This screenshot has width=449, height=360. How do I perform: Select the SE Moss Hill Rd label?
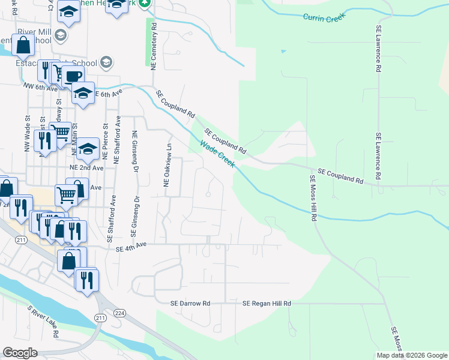[x=313, y=199]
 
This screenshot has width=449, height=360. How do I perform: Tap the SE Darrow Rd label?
[x=190, y=304]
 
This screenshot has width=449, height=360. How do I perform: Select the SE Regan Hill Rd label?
[x=267, y=304]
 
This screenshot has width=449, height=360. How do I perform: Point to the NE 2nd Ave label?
[x=86, y=169]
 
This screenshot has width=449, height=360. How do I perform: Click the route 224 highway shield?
[x=119, y=313]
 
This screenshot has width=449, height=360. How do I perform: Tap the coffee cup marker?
[x=73, y=77]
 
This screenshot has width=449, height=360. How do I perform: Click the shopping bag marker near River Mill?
[x=22, y=44]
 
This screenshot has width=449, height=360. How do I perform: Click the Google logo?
[x=20, y=353]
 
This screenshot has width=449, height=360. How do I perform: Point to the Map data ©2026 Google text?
[x=411, y=355]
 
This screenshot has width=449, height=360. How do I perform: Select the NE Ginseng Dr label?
[x=134, y=150]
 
